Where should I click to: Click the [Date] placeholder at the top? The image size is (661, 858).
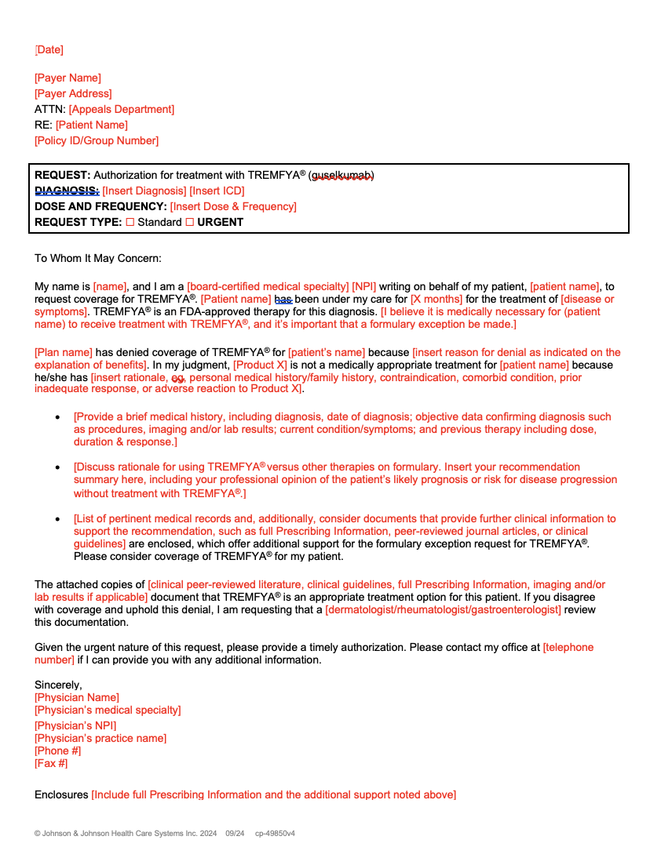click(49, 50)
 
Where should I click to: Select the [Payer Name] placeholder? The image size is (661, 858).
click(68, 78)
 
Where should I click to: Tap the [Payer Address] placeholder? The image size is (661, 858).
click(73, 94)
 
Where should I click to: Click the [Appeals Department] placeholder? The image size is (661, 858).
click(122, 110)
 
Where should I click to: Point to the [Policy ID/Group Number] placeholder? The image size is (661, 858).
click(97, 141)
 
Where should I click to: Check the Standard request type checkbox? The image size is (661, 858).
click(130, 223)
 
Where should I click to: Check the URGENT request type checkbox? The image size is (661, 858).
click(189, 223)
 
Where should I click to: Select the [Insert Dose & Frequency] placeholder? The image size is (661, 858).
click(233, 207)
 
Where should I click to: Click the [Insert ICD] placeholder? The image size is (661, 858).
click(217, 191)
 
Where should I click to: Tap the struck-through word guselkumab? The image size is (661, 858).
click(341, 176)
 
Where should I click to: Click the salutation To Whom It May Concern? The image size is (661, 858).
click(97, 258)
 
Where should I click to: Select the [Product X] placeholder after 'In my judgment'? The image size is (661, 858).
click(260, 365)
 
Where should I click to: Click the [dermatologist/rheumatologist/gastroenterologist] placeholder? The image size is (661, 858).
click(443, 610)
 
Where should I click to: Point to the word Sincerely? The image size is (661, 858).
click(58, 685)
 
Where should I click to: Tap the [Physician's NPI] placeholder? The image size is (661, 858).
click(75, 726)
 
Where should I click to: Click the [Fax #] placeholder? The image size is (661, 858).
click(51, 764)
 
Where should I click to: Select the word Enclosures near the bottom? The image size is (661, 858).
click(61, 795)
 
